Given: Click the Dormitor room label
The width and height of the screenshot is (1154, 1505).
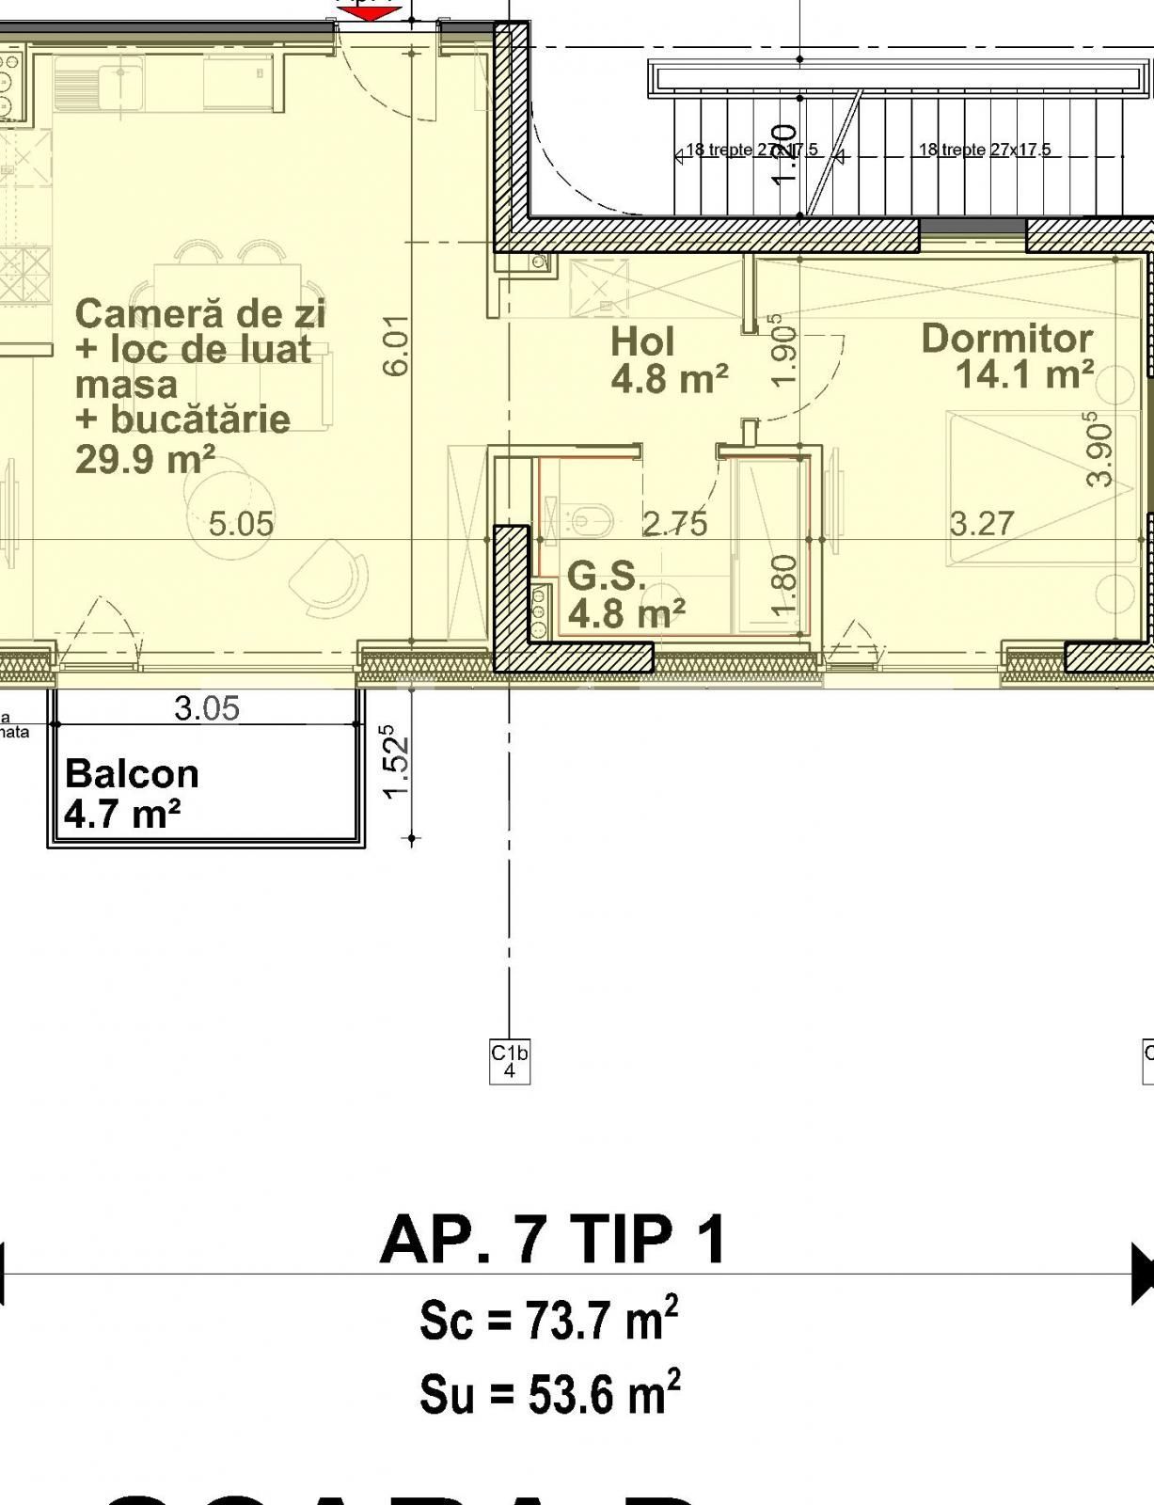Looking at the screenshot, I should click(1006, 339).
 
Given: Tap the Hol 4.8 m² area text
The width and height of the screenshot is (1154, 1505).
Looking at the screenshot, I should click(669, 379).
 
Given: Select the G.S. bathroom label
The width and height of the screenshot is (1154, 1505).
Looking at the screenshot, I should click(606, 576).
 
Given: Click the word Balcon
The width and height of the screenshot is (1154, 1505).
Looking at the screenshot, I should click(132, 774).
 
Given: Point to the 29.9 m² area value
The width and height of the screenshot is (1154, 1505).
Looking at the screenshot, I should click(145, 460).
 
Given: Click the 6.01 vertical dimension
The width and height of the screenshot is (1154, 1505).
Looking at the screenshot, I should click(398, 345).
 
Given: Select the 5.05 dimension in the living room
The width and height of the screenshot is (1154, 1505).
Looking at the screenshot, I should click(241, 524).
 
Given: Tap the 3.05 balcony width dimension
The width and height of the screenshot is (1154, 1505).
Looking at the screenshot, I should click(207, 708).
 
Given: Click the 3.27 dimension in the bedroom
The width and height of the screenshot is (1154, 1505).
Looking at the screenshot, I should click(982, 523).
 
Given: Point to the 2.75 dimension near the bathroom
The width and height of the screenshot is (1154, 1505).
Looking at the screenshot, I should click(674, 524).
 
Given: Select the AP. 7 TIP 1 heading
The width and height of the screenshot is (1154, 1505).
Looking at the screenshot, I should click(553, 1239).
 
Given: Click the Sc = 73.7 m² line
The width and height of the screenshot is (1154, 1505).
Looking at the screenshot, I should click(549, 1320).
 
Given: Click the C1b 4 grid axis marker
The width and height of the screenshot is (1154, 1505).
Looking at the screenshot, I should click(510, 1061).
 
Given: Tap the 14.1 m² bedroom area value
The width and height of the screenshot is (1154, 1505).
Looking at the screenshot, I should click(1024, 374).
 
